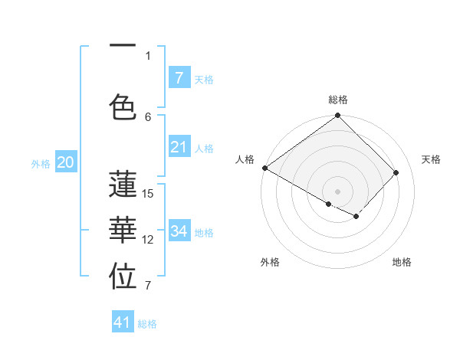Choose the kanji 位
point(123,277)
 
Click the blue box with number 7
point(179,77)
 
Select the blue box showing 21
point(179,147)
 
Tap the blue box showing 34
point(179,231)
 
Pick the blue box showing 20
point(65,162)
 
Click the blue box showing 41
point(123,322)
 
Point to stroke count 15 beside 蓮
point(149,194)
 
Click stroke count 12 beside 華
point(149,240)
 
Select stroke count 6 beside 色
point(149,116)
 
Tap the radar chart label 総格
point(338,100)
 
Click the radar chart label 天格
point(431,159)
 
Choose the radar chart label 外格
point(270,262)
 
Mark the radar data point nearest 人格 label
point(264,168)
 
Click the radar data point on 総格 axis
point(338,116)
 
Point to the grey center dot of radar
point(338,191)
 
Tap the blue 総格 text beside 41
point(147,324)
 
